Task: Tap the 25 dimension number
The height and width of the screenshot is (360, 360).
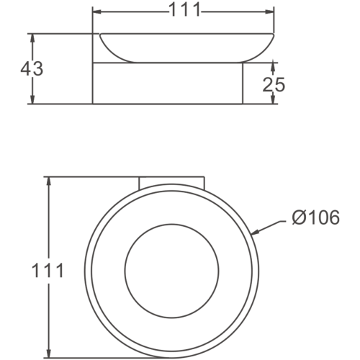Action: coord(274,84)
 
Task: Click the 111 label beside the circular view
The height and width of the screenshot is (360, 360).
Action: coord(48,271)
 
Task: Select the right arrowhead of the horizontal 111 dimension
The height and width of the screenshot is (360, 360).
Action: coord(272,12)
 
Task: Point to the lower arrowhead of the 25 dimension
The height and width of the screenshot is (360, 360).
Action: coord(274,100)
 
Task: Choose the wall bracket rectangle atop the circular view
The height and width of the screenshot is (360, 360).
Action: coord(172,181)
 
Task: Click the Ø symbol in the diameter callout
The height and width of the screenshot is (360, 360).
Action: coord(299,216)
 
